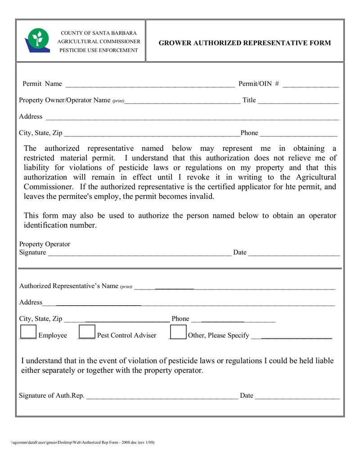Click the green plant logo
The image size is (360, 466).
coord(37,40)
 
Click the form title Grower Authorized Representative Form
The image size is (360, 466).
coord(244,43)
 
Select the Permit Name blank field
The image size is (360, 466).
coord(150,84)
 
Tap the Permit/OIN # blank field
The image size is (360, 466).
coord(310,84)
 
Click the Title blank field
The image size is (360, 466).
coord(298,100)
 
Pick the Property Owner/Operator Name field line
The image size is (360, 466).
coord(182,100)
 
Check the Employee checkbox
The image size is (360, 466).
coord(28,332)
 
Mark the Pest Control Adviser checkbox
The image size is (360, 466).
coord(87,332)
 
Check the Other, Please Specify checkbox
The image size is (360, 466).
coord(178,332)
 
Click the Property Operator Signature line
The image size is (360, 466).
coord(139,253)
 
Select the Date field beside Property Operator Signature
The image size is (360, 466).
coord(294,253)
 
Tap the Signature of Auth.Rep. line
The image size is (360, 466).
coord(162,396)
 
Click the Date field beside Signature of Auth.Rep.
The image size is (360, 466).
coord(297,396)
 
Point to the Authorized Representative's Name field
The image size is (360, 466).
coord(234,286)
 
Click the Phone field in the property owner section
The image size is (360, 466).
coord(298,133)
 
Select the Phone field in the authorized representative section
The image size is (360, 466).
coord(234,319)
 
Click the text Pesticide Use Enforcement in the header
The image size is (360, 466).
coord(99,50)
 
